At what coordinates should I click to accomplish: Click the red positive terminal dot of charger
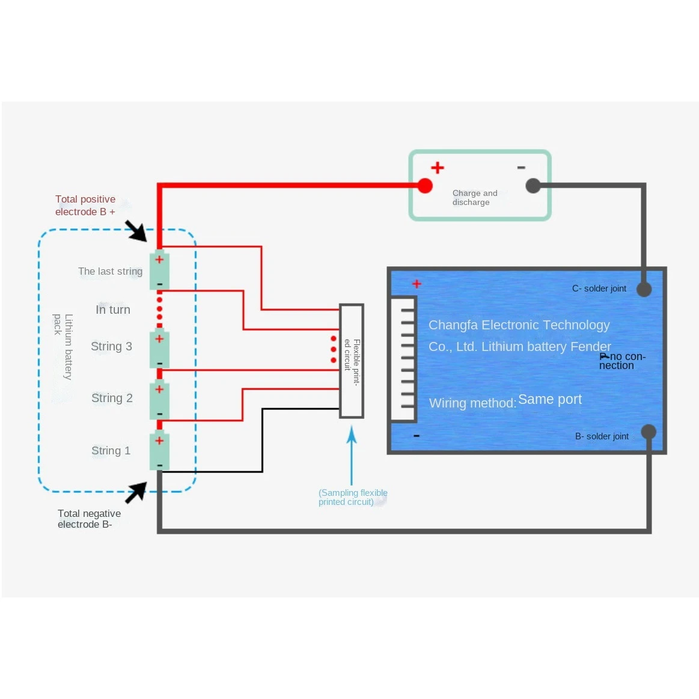425,186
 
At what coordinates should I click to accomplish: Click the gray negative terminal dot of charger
533,186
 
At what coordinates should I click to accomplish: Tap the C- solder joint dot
644,289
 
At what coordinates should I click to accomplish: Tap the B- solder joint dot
649,432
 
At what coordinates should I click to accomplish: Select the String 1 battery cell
159,451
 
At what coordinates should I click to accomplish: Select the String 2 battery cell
159,400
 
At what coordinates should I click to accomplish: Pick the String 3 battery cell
159,349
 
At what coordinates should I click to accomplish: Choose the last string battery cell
159,270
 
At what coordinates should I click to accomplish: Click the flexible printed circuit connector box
351,361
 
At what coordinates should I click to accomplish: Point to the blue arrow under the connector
352,455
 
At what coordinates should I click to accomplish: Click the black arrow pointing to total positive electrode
136,231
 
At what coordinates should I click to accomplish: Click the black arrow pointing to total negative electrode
136,493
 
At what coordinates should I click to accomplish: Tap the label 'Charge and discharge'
475,198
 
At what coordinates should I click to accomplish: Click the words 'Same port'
550,400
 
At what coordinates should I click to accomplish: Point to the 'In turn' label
113,310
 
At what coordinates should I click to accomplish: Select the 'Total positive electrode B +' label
85,206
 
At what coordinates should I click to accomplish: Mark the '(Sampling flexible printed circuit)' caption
353,498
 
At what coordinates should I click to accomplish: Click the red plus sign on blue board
417,284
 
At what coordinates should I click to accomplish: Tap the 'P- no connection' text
622,361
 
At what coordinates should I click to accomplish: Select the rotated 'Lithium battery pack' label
63,346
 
